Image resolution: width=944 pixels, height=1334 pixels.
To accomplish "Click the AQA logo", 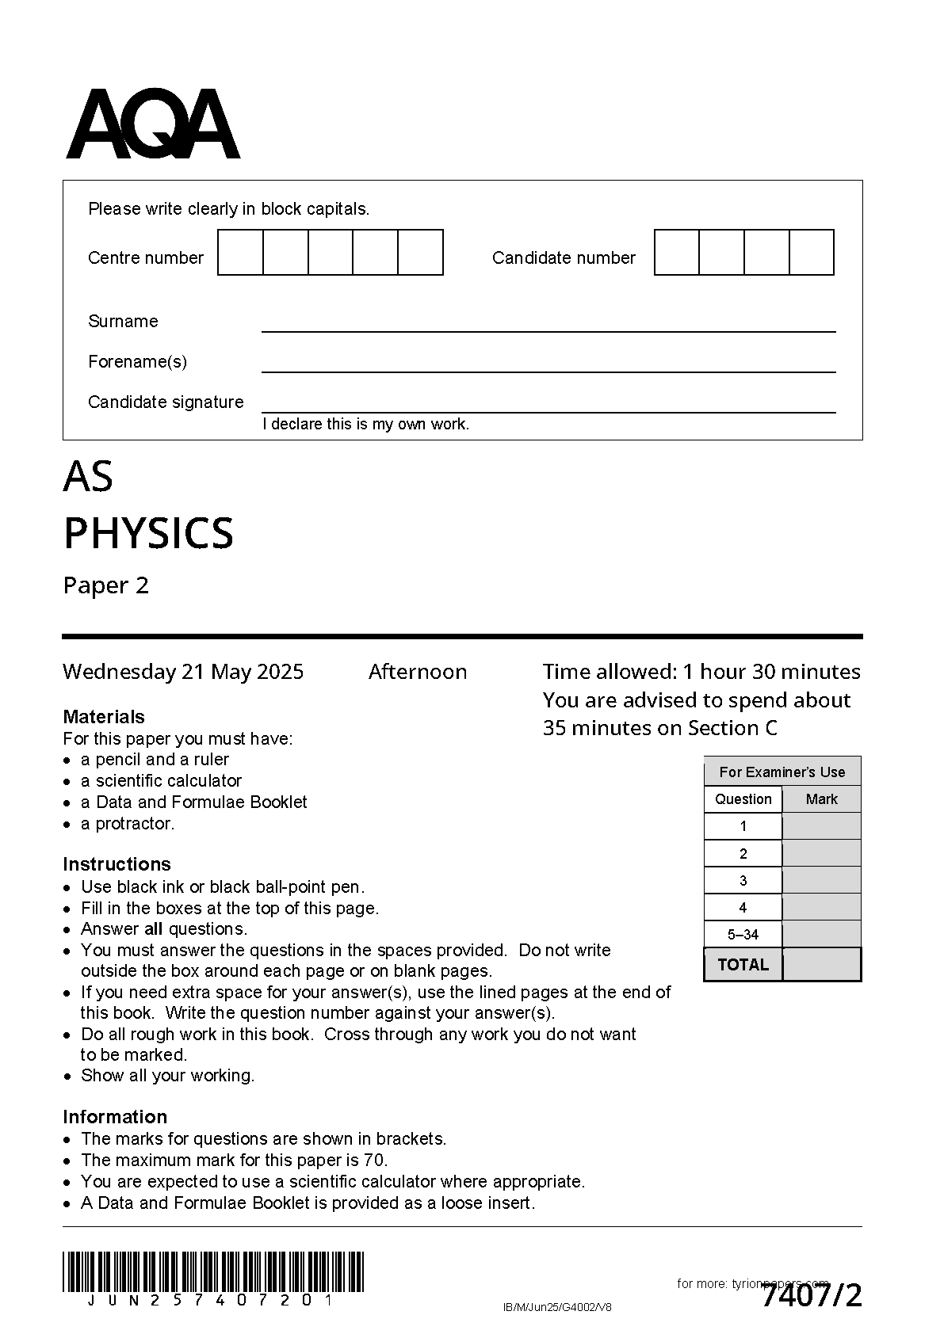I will tap(153, 124).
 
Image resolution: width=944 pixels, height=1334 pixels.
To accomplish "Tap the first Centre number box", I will tap(240, 253).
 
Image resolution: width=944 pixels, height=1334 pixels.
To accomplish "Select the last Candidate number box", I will tap(812, 253).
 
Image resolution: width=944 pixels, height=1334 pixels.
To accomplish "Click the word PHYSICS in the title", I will tap(148, 533).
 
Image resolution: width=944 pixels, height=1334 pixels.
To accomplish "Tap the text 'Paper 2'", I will tap(105, 585).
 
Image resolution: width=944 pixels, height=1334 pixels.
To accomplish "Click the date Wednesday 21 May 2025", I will tap(183, 672).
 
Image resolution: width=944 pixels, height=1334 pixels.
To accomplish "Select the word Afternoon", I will tap(418, 672).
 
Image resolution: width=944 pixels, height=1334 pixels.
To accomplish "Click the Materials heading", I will tap(104, 717).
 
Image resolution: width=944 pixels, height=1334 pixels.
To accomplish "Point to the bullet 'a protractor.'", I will tap(127, 824).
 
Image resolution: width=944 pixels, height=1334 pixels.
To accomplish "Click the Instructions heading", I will tap(117, 864).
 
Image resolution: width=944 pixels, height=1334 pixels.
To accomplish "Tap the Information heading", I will tap(115, 1117).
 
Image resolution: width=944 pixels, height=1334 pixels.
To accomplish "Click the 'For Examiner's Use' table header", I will tap(782, 772).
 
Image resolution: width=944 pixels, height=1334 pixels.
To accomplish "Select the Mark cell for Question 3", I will tap(821, 880).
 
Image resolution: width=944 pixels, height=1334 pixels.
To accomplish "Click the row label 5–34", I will tap(743, 935).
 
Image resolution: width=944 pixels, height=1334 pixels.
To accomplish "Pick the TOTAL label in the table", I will tap(743, 965).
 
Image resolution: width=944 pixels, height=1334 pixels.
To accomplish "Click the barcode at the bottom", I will tap(212, 1272).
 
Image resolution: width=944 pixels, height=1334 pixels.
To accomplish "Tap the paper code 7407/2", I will tap(812, 1297).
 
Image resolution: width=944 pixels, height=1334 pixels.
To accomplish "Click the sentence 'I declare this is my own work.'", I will tap(365, 425).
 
